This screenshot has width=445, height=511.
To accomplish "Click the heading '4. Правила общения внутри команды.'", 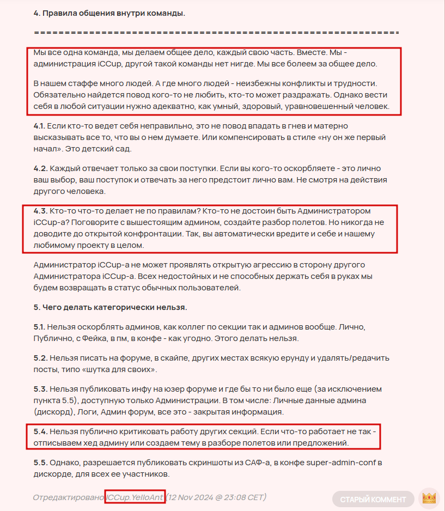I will pyautogui.click(x=109, y=13).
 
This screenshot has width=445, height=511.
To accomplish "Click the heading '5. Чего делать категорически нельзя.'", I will pyautogui.click(x=111, y=307).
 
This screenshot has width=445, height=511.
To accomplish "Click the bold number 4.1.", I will pyautogui.click(x=39, y=126).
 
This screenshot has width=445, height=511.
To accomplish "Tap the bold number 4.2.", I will pyautogui.click(x=40, y=169).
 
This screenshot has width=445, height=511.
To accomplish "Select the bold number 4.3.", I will pyautogui.click(x=40, y=210).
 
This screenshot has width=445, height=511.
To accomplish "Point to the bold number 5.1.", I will pyautogui.click(x=39, y=327).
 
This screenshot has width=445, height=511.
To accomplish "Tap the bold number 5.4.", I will pyautogui.click(x=40, y=431).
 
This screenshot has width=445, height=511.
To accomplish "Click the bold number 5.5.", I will pyautogui.click(x=40, y=463).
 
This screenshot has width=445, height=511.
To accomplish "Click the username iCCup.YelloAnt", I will pyautogui.click(x=135, y=498).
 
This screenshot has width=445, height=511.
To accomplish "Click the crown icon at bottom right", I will pyautogui.click(x=430, y=498).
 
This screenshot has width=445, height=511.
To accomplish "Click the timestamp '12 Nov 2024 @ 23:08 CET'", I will pyautogui.click(x=216, y=498).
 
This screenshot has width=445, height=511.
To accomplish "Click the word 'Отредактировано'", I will pyautogui.click(x=69, y=498).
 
